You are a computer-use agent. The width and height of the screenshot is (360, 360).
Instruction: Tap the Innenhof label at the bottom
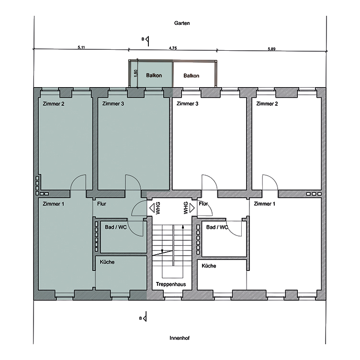tap(180, 337)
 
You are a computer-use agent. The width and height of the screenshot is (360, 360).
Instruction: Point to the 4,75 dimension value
tap(173, 48)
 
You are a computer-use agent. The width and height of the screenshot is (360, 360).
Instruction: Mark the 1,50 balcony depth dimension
tap(135, 74)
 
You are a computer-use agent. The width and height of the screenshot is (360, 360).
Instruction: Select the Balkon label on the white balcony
tap(191, 76)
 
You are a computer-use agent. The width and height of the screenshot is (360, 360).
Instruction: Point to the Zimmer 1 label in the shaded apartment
tap(54, 204)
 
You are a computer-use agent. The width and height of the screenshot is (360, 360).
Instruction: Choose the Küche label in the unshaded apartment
tap(209, 266)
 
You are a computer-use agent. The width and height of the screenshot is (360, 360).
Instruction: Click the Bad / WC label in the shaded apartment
tap(116, 227)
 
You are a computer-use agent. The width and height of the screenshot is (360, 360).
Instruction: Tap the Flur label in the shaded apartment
tap(101, 204)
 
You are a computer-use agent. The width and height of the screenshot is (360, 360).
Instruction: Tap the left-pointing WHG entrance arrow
tap(152, 209)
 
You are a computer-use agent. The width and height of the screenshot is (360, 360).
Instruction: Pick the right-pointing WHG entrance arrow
tap(193, 209)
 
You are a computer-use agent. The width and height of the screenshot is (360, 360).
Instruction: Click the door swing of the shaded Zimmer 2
tap(79, 182)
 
